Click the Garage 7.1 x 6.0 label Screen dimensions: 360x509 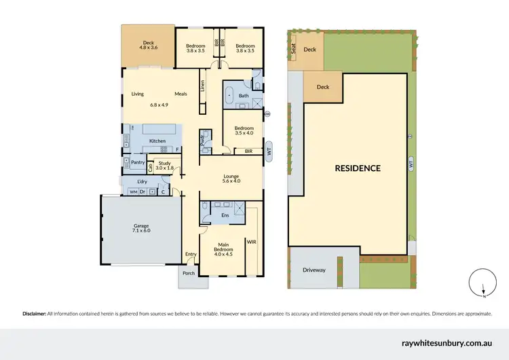point(140,228)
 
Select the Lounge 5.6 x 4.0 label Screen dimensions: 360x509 point(232,178)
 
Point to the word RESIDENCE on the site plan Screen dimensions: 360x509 point(357,168)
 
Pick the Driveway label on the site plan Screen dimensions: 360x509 point(315,270)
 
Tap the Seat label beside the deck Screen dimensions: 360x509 point(294,49)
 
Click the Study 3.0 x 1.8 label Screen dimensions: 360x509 point(164,165)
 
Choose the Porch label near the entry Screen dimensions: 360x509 point(188,273)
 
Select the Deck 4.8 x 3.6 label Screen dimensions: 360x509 point(148,46)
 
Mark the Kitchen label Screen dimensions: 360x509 point(157,141)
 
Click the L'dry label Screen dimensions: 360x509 point(143,182)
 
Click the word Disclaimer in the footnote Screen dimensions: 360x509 point(34,314)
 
